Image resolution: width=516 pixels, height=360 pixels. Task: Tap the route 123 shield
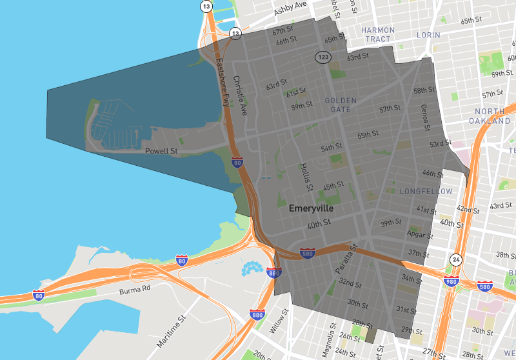coord(323,57)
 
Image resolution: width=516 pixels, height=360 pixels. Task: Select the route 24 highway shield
coord(457,260)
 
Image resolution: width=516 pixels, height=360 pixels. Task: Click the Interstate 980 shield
coord(451,282)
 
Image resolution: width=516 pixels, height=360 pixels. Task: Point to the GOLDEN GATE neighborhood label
coord(341,105)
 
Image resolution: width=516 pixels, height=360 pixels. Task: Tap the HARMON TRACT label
coord(377,35)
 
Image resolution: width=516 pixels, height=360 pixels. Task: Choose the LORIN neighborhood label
coord(428,35)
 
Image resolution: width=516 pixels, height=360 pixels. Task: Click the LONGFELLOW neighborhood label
coord(422,192)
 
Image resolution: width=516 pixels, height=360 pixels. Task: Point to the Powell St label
coord(161,151)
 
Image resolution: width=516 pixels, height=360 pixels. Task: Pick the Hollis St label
coord(306,176)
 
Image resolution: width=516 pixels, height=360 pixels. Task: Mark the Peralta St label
coord(346,258)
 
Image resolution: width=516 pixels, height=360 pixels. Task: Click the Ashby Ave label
coord(292,8)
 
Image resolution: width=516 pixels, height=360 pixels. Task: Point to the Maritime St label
coord(170,331)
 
